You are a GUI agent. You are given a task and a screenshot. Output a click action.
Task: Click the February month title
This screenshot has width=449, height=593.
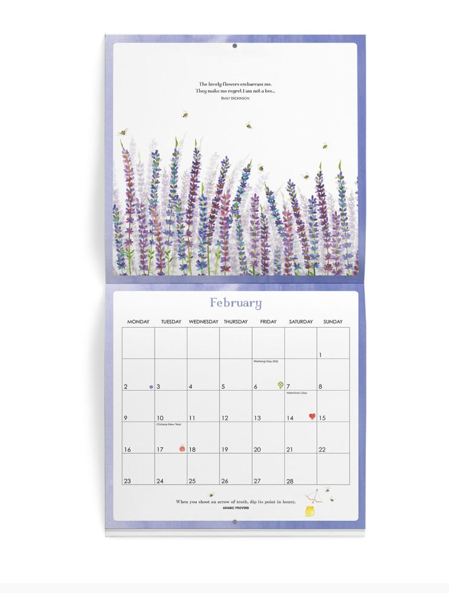(236, 303)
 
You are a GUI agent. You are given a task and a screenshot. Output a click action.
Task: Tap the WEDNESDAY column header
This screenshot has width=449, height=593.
(204, 322)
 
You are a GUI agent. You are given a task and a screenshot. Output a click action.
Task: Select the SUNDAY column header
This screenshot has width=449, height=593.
(333, 322)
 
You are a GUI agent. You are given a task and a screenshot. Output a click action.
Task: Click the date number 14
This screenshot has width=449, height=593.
(290, 418)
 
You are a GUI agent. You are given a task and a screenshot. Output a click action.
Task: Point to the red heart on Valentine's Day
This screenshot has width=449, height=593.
(312, 416)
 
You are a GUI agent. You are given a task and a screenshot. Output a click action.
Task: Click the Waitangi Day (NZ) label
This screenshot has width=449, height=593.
(265, 362)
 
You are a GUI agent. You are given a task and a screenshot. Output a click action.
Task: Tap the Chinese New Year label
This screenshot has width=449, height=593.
(169, 425)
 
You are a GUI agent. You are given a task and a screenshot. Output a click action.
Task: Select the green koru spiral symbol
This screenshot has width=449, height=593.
(281, 385)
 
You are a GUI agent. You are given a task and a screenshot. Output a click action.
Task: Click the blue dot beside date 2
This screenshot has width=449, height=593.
(151, 386)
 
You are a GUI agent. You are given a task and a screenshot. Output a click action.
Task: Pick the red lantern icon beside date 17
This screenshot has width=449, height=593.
(181, 448)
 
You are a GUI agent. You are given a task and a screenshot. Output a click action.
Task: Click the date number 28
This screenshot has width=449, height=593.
(290, 481)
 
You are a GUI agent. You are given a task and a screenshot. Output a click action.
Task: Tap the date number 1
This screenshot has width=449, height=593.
(321, 355)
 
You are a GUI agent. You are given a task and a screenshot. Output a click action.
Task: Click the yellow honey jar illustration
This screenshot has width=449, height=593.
(310, 511)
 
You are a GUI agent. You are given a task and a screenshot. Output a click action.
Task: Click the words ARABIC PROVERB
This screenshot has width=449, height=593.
(236, 508)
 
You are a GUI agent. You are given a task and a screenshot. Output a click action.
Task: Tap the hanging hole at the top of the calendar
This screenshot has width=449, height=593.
(234, 45)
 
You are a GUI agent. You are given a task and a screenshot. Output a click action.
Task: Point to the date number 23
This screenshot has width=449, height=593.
(127, 481)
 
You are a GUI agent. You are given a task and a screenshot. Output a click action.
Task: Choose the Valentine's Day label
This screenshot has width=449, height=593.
(297, 393)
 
